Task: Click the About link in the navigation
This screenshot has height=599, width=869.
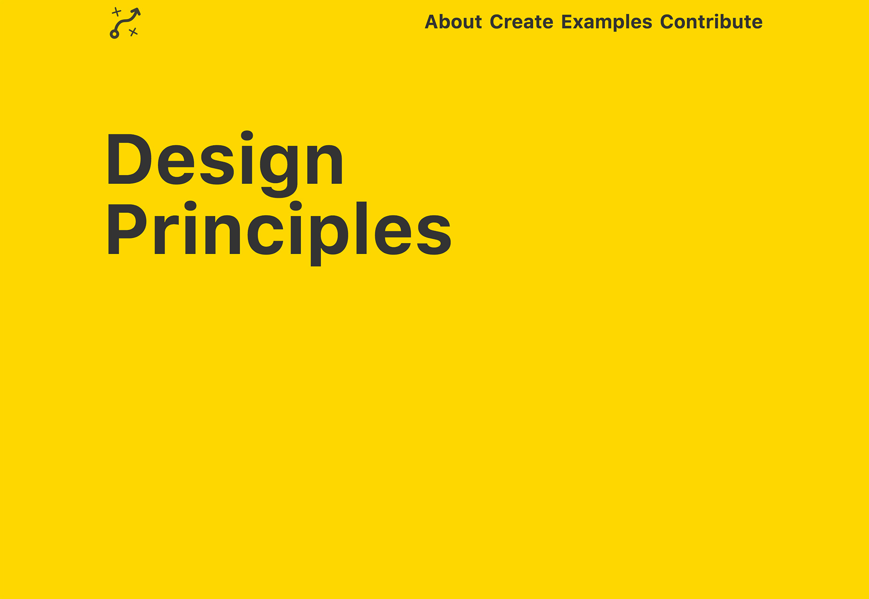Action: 453,22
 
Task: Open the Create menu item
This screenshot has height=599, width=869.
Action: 521,22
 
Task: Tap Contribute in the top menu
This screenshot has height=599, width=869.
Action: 711,22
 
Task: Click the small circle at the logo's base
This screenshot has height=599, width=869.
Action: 114,34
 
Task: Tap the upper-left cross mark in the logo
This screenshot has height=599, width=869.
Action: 117,12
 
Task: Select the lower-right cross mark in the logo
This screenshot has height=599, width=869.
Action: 133,32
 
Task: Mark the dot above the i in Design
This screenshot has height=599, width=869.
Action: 247,136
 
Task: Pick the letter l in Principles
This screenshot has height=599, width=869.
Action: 361,228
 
